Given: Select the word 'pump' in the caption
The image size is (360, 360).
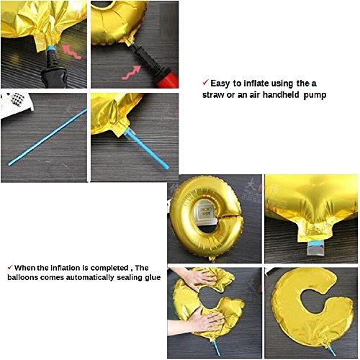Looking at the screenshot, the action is coord(315,96).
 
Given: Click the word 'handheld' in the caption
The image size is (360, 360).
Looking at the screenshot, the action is coord(281,95).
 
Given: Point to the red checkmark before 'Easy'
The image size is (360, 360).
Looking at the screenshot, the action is coord(205,83).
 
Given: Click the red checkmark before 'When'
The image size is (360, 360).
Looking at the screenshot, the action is coord(10,267).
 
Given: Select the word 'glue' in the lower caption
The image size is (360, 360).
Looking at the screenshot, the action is coord(153,278).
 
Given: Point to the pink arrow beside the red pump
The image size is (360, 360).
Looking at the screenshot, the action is coord(131,73).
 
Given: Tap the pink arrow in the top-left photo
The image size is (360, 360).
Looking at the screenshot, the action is coord(72,52).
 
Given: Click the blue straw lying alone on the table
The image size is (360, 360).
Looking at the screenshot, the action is coord(48,137).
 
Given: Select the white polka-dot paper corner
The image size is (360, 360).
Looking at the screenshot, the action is coord(16,105).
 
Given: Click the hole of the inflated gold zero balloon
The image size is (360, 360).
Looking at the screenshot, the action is coord(207,214).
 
